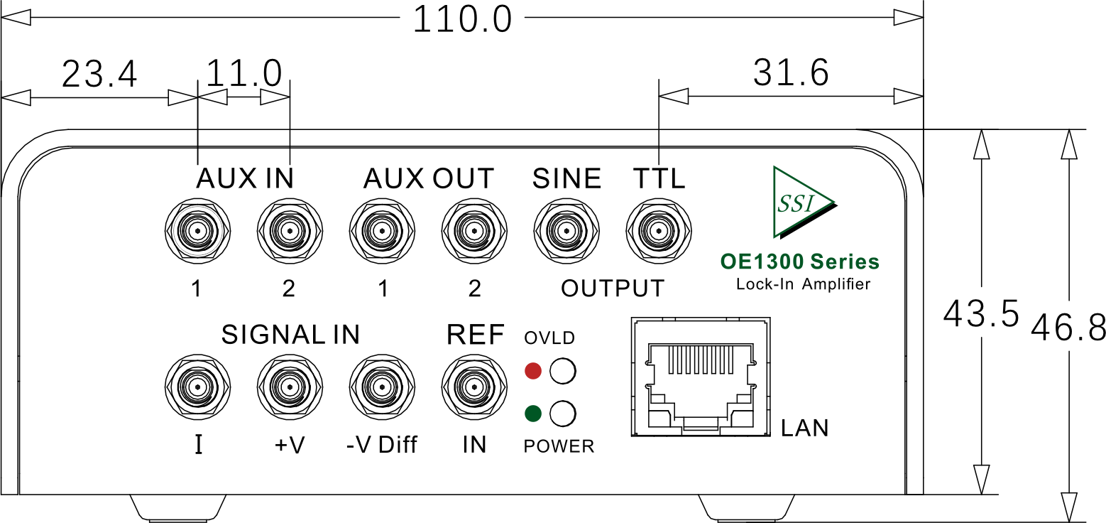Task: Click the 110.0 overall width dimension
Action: point(462,19)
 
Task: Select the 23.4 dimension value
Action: point(99,74)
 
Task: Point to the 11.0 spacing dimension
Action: point(243,73)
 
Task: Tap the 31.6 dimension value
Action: point(791,72)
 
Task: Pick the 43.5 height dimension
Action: point(980,313)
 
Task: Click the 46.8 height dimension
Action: point(1068,328)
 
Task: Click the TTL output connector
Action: point(659,231)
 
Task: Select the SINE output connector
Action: point(566,231)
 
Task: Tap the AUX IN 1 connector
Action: point(197,231)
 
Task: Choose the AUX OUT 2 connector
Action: point(474,231)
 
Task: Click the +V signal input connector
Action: point(290,387)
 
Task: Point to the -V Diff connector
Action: point(382,387)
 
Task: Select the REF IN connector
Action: point(474,387)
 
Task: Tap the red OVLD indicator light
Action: point(533,371)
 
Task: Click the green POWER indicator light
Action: point(533,414)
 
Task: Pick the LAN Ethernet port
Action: point(701,377)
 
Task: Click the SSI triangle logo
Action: point(805,203)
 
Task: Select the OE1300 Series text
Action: point(800,261)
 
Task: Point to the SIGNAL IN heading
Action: point(290,335)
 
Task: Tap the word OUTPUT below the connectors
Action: point(612,289)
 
